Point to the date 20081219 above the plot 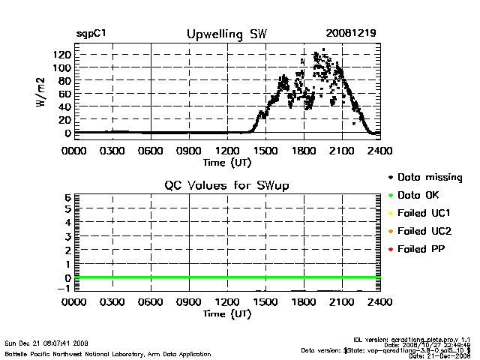point(350,34)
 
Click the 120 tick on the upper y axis point(61,55)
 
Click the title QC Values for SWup point(226,185)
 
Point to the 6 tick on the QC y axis point(67,197)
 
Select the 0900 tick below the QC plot point(189,302)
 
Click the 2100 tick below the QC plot point(342,302)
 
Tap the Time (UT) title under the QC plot point(226,313)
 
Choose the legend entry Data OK point(421,195)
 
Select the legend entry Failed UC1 point(424,213)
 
